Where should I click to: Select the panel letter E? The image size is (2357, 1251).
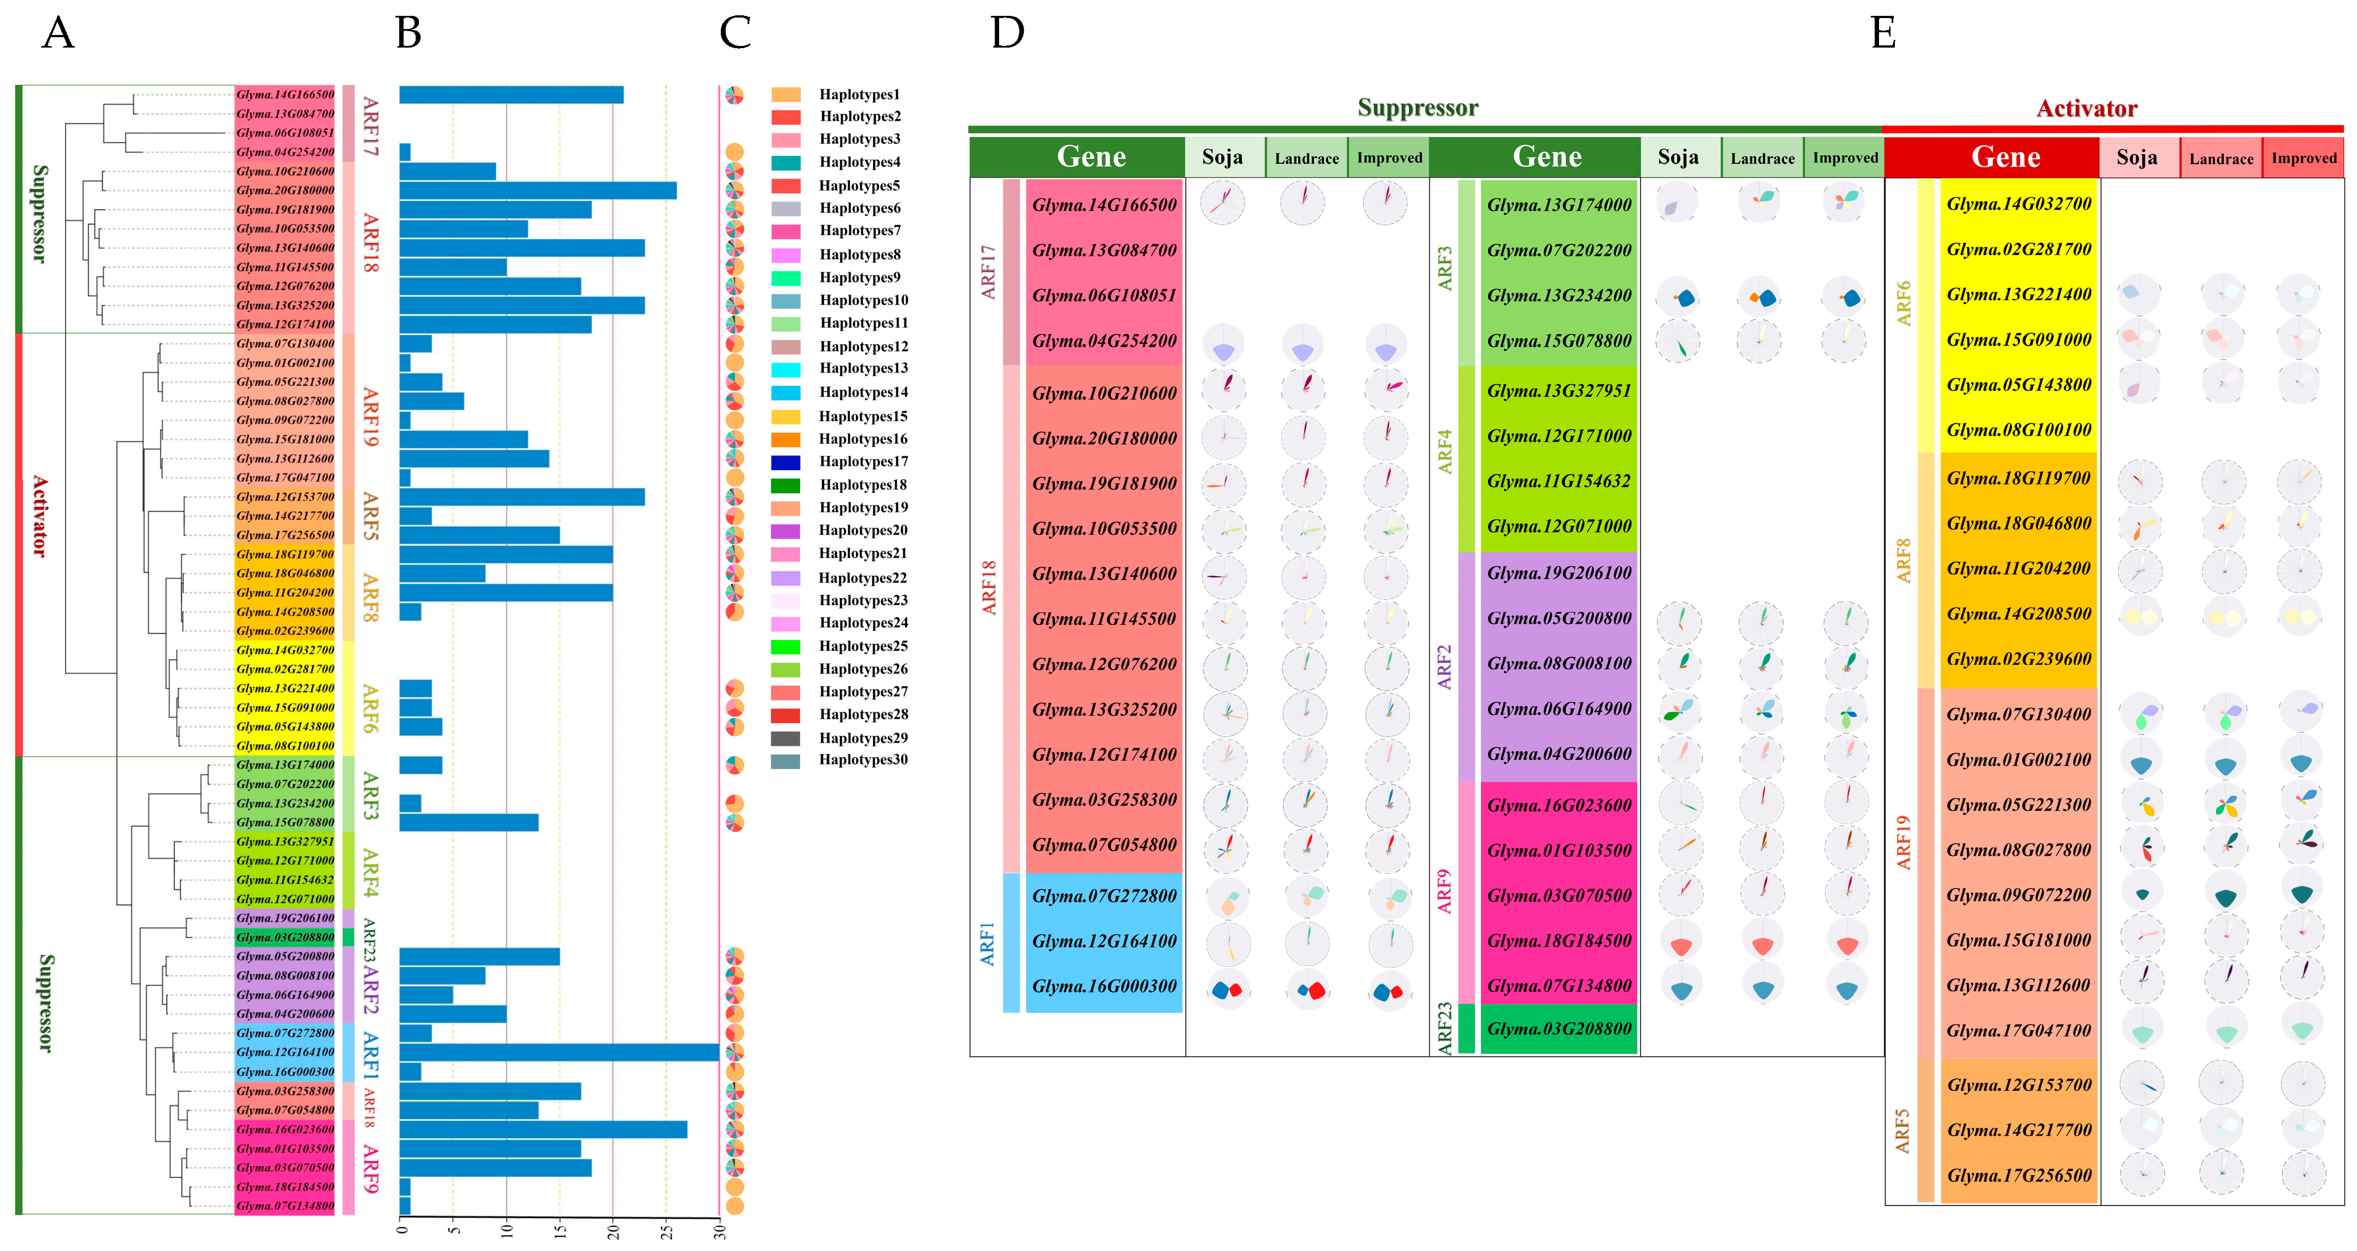coord(1883,34)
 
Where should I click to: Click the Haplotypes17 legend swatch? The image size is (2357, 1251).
coord(785,462)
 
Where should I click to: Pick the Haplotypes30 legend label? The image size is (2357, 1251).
coord(863,759)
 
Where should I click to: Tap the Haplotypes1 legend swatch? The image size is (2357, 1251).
coord(785,94)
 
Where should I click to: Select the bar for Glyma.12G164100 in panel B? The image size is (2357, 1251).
coord(558,1053)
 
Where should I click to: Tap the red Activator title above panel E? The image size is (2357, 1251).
coord(2086,109)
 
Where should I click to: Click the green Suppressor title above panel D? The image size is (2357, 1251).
coord(1417,108)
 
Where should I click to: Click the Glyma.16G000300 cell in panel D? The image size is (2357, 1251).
coord(1104,986)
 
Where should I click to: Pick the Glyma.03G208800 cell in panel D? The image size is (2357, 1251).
coord(1558,1028)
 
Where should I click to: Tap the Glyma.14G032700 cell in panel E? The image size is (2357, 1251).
coord(2018,204)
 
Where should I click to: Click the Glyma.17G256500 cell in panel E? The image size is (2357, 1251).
coord(2018,1175)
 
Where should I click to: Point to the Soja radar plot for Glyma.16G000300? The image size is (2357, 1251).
coord(1225,989)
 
